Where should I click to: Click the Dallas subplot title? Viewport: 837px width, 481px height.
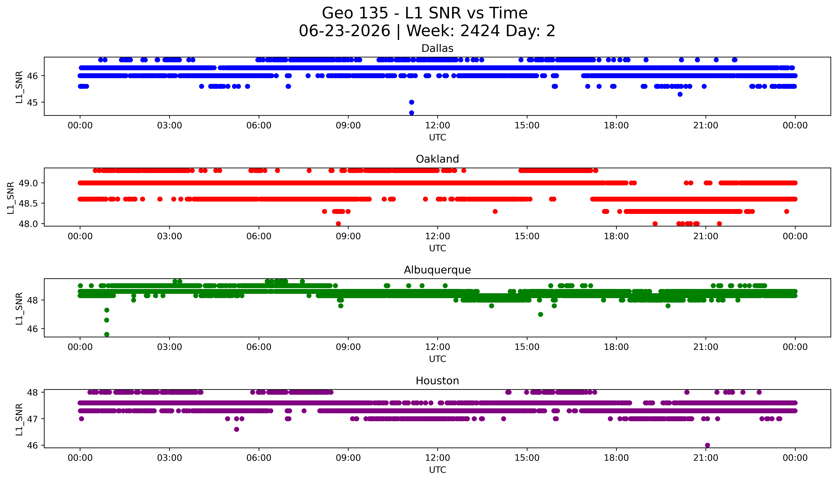(x=437, y=49)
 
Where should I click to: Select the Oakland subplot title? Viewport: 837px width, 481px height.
(x=437, y=159)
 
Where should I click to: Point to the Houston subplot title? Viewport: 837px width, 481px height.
(x=437, y=381)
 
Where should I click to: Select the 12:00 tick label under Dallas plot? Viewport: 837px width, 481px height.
(x=438, y=126)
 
